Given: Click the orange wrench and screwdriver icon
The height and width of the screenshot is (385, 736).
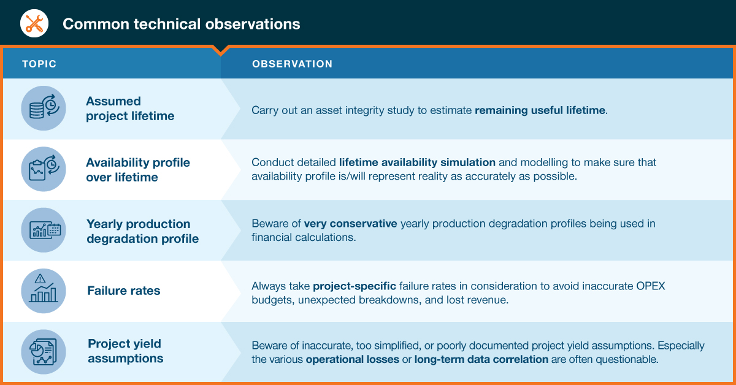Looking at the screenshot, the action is coord(34,23).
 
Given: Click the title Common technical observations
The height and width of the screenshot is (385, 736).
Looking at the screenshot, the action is coord(182,24).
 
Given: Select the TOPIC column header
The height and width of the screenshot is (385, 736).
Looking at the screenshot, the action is coord(39,64).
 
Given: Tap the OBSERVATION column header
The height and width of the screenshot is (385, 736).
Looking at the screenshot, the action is coord(292,64).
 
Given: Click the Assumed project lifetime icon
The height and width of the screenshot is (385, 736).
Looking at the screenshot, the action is coord(44,108).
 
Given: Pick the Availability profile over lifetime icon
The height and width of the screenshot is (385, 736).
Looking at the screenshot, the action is coord(44,169).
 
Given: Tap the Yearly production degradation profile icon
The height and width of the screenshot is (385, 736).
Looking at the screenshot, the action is coord(44,230).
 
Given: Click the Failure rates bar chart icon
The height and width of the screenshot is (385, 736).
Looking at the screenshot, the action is coord(44,291).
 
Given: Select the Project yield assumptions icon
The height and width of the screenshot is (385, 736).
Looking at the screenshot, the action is coord(44,352).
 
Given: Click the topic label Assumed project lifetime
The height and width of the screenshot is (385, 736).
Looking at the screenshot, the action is coord(130,109).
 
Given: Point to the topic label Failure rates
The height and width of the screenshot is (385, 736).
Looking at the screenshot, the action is coord(123,291).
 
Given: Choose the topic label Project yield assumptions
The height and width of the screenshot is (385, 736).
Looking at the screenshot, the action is coord(126,351).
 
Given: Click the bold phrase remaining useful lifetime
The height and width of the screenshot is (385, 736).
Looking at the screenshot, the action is coord(540,110).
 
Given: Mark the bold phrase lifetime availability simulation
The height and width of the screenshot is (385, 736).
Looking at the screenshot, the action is coord(417,162).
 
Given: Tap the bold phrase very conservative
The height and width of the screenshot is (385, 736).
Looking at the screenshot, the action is coord(351,223).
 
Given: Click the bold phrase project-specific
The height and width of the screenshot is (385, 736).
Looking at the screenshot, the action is coord(355,286).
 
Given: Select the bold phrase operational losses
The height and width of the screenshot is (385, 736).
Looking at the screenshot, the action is coord(353,359).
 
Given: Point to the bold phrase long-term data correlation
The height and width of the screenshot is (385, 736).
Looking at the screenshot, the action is coord(481,359).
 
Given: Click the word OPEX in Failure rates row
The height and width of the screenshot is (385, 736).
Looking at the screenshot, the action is coord(651,286).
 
